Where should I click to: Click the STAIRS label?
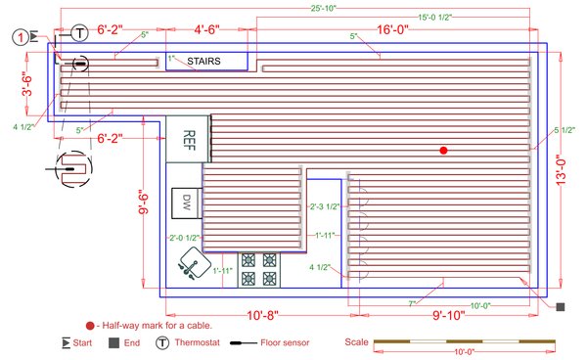click(204, 62)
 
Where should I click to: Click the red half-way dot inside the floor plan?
click(443, 150)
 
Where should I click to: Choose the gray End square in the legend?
click(114, 343)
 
